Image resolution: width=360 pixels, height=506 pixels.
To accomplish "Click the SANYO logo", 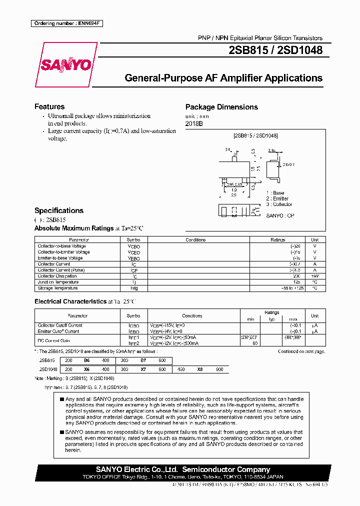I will pos(65,65).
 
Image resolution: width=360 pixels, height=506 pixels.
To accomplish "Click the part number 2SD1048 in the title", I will pos(302,50).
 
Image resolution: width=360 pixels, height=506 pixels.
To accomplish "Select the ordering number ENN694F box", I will pos(66,23).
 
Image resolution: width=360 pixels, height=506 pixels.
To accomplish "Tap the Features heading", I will pos(49,106).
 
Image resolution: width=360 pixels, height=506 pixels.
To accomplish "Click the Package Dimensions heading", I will pos(221,107).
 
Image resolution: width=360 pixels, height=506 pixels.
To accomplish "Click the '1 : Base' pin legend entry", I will pos(275,193).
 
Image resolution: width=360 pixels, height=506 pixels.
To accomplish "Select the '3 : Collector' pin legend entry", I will pos(279,204).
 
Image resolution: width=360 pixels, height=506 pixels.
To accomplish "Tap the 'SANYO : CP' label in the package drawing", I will pos(280,215).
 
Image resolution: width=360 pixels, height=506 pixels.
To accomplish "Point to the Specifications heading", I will pos(59,210).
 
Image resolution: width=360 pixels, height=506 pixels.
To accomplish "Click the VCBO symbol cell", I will pos(134,246).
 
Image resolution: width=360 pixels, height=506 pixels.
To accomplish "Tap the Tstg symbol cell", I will pos(134,287).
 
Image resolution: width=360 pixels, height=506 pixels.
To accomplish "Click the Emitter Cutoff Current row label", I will pos(58,331).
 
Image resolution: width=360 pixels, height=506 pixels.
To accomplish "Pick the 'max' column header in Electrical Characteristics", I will pos(293,319).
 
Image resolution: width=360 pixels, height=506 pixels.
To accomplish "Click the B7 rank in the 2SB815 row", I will pos(143,360).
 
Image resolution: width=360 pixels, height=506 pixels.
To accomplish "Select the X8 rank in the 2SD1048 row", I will pos(199,369).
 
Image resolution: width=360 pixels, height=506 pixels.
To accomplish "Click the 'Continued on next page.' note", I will pos(301,351).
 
